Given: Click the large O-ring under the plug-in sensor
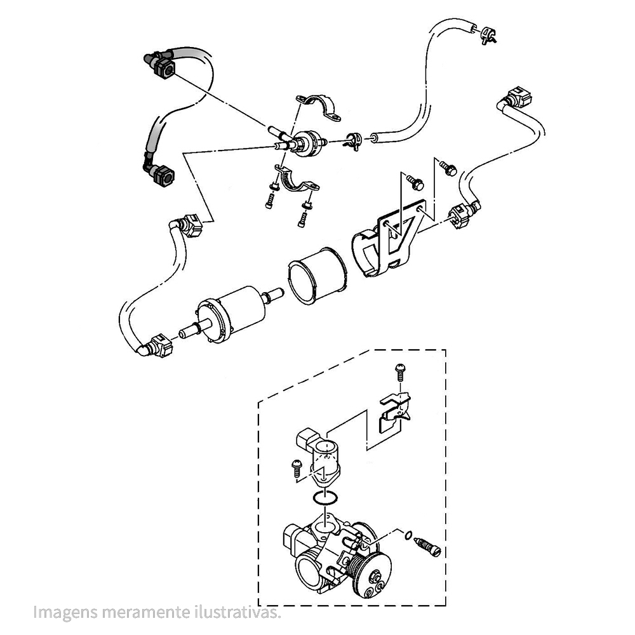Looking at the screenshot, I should (x=326, y=498).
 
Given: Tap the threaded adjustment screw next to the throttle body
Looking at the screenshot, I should (x=427, y=547).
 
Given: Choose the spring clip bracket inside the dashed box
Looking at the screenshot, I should (x=394, y=411).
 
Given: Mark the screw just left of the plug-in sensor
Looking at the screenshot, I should (x=297, y=467).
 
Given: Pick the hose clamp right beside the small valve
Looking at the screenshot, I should (x=354, y=140).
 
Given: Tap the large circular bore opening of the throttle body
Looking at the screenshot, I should (x=312, y=567).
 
